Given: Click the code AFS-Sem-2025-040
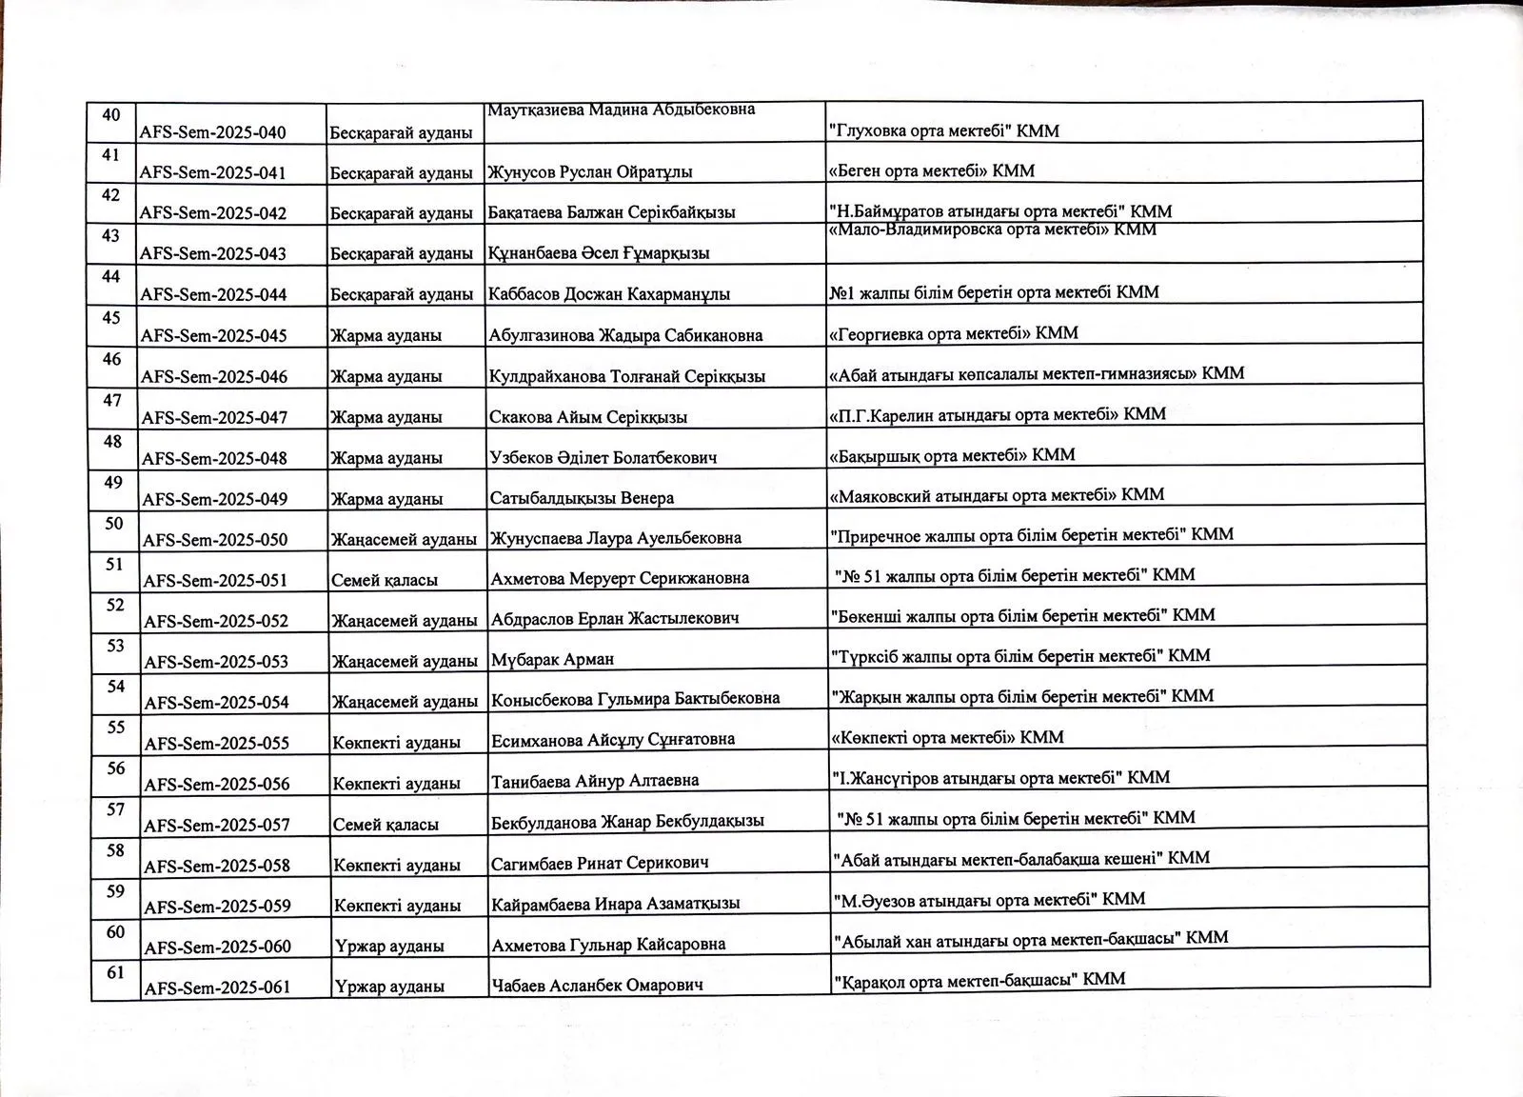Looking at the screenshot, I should pyautogui.click(x=212, y=132).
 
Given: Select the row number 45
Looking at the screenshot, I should pyautogui.click(x=111, y=317).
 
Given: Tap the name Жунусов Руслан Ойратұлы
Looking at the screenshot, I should pyautogui.click(x=590, y=172).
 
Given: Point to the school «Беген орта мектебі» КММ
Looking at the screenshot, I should pyautogui.click(x=931, y=171).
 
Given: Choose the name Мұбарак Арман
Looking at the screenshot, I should pyautogui.click(x=553, y=659).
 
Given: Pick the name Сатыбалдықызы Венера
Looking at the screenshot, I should pyautogui.click(x=582, y=498).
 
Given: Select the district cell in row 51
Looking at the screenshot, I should pyautogui.click(x=385, y=579).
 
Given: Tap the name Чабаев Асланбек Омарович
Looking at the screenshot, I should pyautogui.click(x=598, y=985).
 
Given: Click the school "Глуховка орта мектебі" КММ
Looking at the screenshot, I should pyautogui.click(x=944, y=130).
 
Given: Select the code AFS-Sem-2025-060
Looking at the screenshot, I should pyautogui.click(x=217, y=947).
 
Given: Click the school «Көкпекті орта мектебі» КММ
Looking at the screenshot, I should pyautogui.click(x=948, y=737).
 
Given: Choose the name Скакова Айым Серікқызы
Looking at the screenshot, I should pyautogui.click(x=588, y=417).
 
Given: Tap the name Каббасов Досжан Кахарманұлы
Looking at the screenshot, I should pyautogui.click(x=609, y=294).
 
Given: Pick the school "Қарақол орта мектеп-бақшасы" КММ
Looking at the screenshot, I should pyautogui.click(x=979, y=979).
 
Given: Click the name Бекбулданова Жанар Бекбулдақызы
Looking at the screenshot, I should pyautogui.click(x=627, y=821).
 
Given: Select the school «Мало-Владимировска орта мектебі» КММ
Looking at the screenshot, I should pyautogui.click(x=993, y=229).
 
